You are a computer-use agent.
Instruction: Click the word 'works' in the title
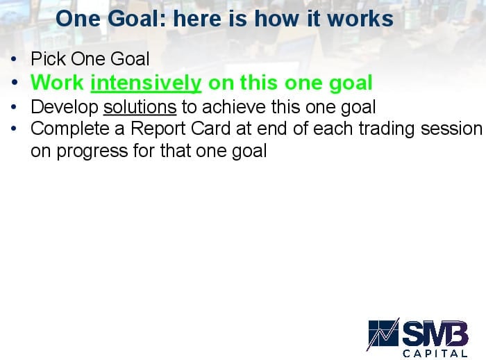(360, 19)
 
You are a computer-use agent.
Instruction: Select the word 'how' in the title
(278, 19)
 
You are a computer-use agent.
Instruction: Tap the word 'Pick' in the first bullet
(48, 58)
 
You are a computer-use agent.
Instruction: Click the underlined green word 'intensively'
(146, 83)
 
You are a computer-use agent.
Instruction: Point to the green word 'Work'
(58, 83)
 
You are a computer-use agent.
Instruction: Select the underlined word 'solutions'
(140, 108)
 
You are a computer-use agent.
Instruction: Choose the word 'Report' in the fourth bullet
(158, 129)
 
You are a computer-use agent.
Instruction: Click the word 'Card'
(210, 129)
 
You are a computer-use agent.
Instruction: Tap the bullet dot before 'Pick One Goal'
(13, 58)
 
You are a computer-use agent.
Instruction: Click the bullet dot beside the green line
(15, 83)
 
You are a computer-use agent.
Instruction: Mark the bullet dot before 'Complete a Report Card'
(13, 128)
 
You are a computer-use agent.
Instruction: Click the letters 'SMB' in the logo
(435, 332)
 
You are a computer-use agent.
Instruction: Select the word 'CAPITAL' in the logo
(435, 353)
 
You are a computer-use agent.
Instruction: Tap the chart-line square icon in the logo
(383, 334)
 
